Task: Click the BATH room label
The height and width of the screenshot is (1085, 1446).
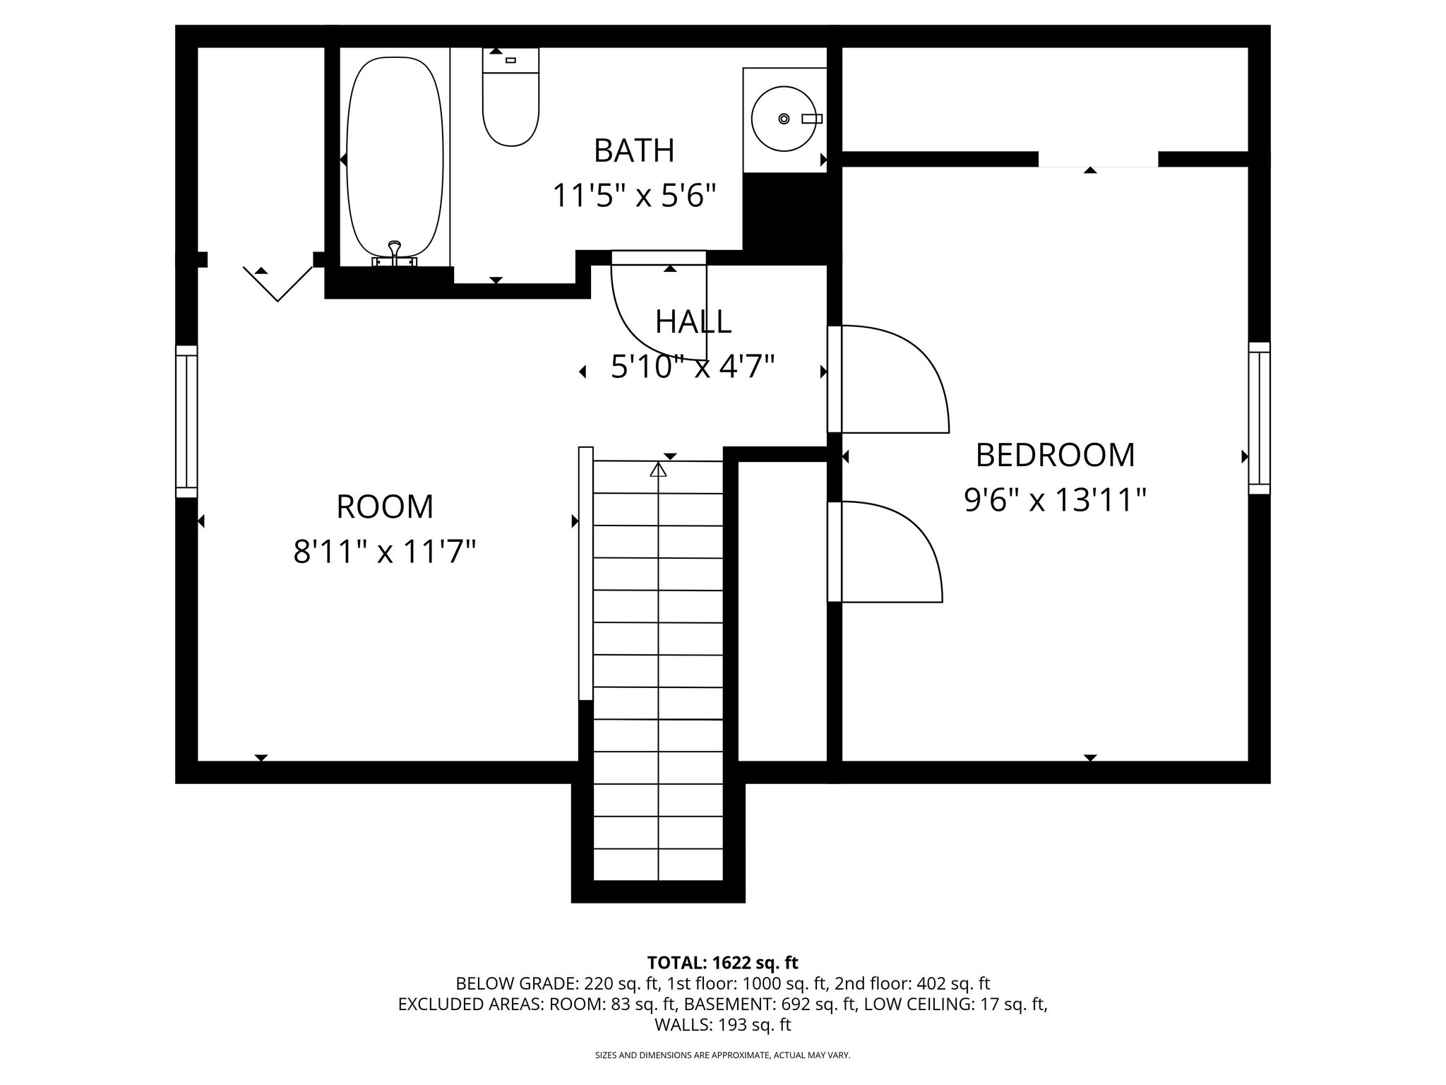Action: tap(634, 150)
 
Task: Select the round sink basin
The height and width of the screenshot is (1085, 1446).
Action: tap(784, 119)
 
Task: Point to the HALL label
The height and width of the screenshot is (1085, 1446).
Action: tap(693, 322)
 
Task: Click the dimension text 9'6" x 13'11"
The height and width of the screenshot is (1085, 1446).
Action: tap(1055, 501)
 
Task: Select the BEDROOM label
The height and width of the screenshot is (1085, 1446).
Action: tap(1055, 455)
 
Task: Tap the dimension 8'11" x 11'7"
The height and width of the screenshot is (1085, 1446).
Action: tap(385, 552)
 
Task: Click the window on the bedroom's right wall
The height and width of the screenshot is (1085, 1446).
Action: tap(1259, 418)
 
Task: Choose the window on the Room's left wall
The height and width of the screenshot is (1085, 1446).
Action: tap(186, 422)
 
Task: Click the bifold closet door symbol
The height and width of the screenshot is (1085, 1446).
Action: tap(278, 285)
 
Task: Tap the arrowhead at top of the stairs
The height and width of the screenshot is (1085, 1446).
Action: tap(658, 469)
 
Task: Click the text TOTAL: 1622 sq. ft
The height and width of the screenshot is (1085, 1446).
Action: tap(722, 962)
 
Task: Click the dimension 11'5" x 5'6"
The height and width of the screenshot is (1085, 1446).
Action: tap(634, 196)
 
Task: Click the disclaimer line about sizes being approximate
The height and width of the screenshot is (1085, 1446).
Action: tap(722, 1055)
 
